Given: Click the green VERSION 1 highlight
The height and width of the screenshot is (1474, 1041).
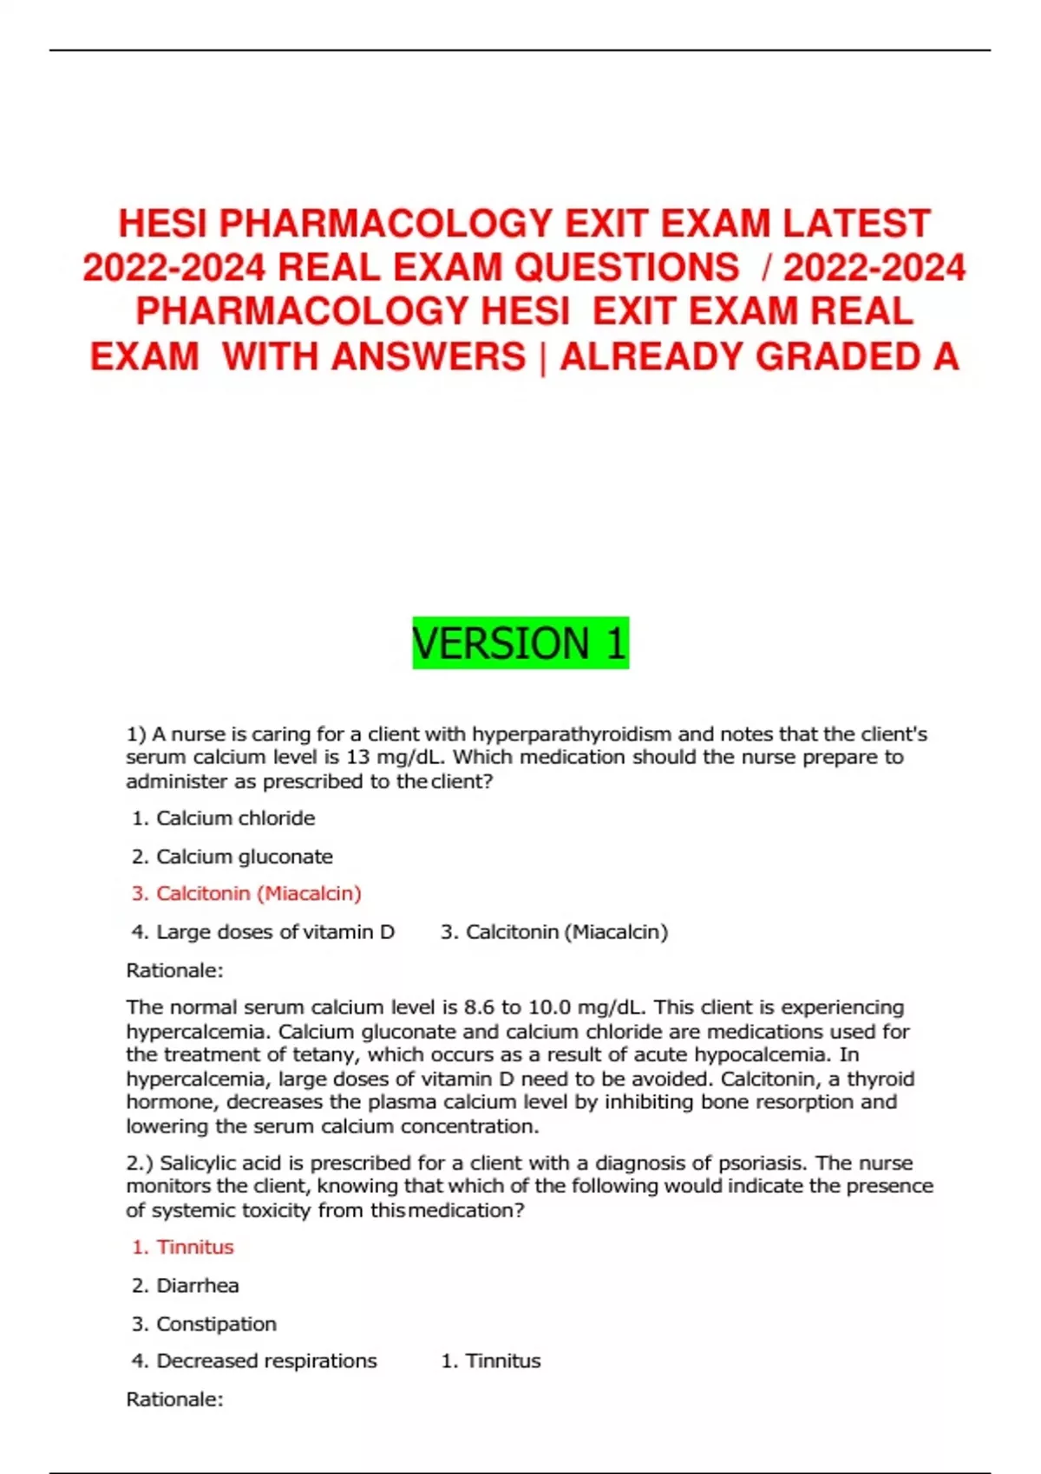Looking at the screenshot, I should coord(520,643).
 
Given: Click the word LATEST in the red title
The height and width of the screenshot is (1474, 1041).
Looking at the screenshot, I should coord(856,224).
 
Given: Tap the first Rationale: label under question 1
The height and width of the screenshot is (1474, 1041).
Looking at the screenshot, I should coord(174,970).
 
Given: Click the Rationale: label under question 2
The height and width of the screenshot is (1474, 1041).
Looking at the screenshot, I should coord(174,1399).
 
